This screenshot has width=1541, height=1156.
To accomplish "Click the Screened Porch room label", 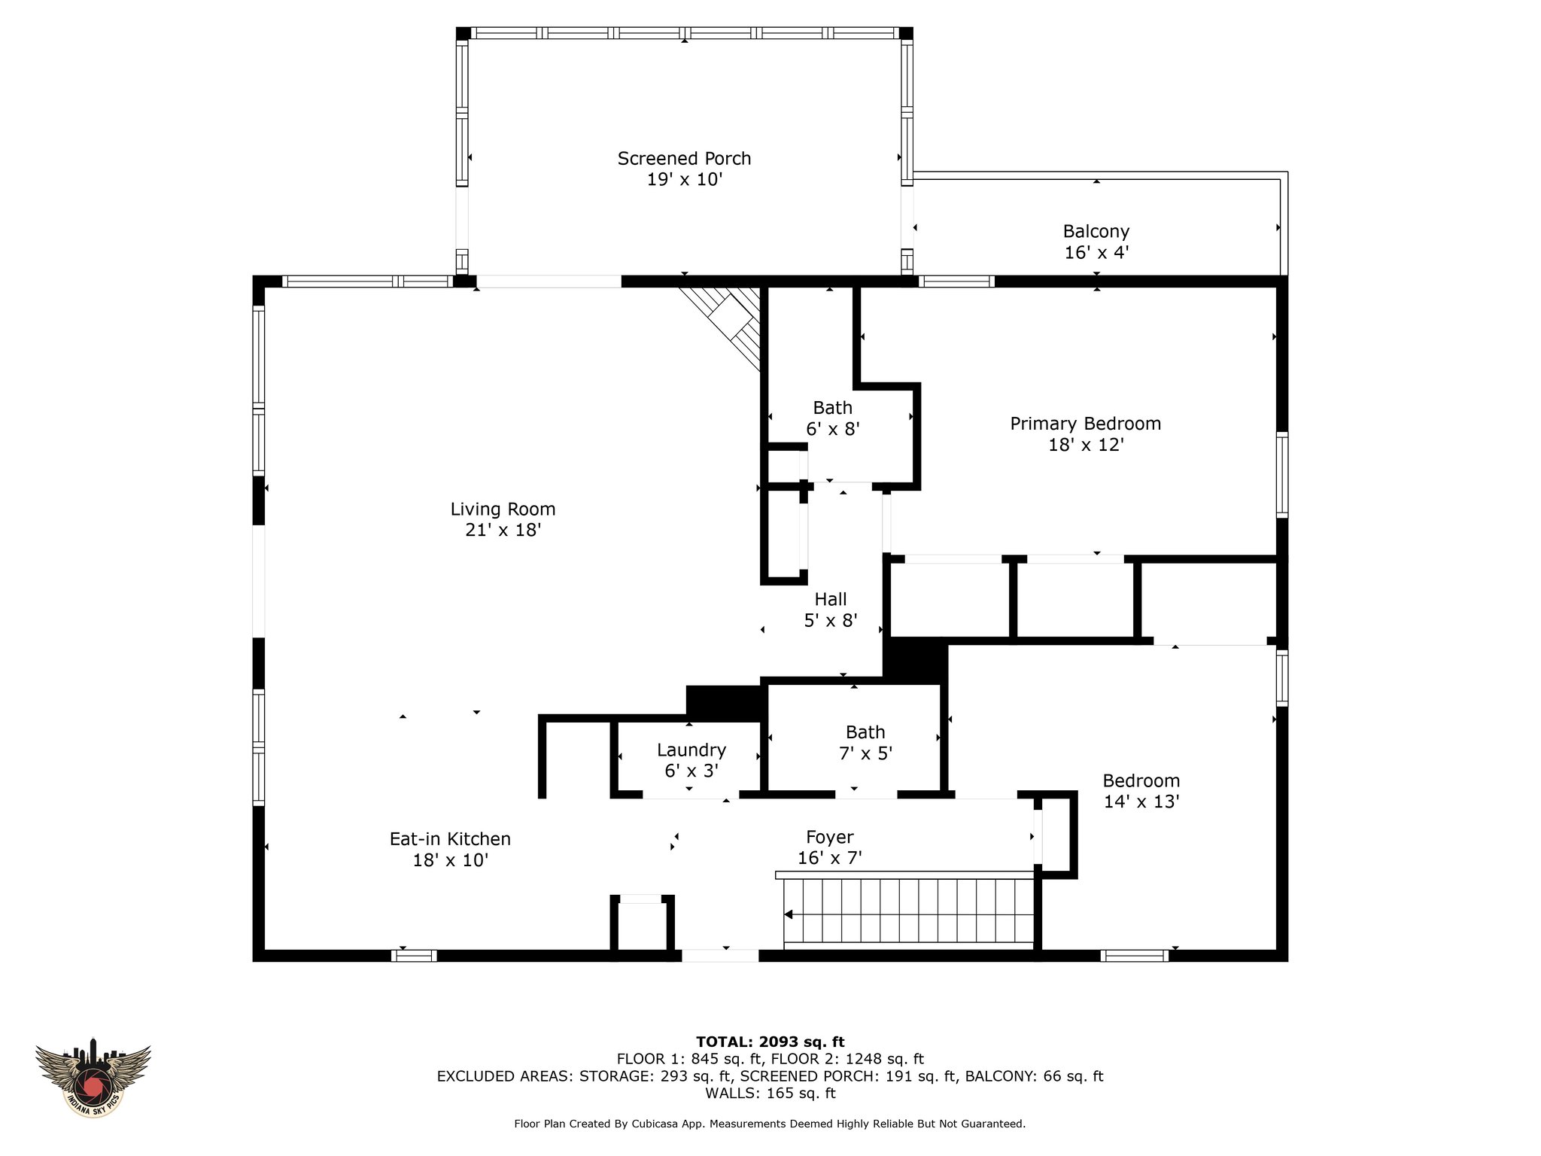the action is [x=684, y=159].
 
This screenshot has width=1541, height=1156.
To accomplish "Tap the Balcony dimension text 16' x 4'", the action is [x=1096, y=252].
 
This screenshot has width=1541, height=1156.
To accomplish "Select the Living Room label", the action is [x=503, y=509].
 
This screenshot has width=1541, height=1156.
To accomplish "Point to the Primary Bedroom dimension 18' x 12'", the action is [x=1086, y=445].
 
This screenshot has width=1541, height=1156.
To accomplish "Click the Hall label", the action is [x=831, y=599].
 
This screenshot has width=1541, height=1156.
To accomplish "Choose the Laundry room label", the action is [x=691, y=750].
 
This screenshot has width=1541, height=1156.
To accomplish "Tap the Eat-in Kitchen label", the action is [x=450, y=838].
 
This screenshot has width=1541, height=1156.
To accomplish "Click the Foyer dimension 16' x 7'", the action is [x=829, y=857].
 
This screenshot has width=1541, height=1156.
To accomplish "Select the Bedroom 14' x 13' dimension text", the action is [x=1141, y=802].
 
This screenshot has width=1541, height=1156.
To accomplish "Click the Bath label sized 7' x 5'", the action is [x=865, y=732].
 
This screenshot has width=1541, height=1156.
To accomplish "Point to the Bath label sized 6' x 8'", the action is [x=832, y=407].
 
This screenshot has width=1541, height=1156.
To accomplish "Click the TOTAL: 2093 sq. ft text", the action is [x=770, y=1042].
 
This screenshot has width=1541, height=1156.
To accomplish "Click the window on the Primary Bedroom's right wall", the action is [x=1281, y=474].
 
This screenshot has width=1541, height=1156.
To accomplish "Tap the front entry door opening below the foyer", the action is [x=720, y=955].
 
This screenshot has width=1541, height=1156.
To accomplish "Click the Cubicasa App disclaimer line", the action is [x=770, y=1124].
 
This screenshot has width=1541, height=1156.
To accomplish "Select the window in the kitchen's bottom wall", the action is [x=414, y=955].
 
